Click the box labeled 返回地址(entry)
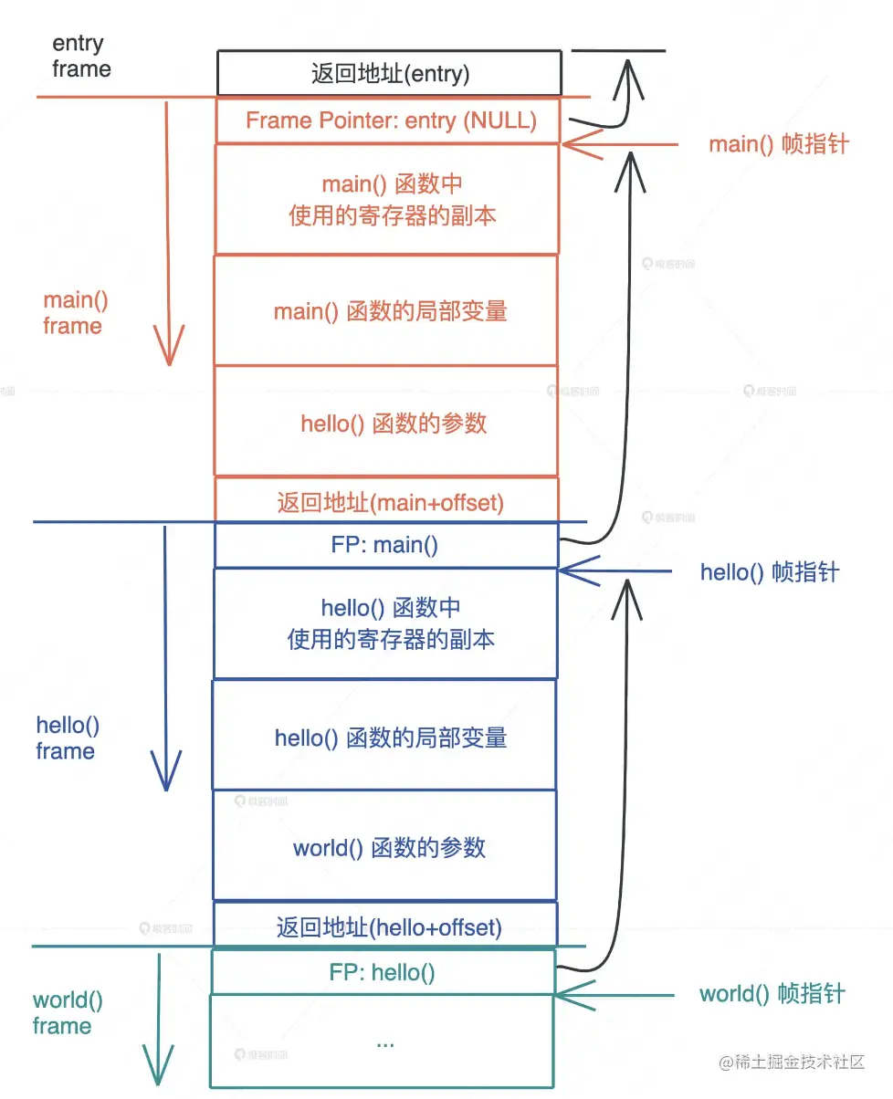point(390,74)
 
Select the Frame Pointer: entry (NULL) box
point(390,120)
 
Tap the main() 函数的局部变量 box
point(390,311)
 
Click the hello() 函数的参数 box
point(390,423)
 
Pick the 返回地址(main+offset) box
point(390,501)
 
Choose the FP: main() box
point(385,546)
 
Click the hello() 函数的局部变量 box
point(390,738)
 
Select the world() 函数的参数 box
point(390,848)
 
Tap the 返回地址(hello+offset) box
point(390,927)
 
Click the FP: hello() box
point(383,972)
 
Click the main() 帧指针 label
point(779,144)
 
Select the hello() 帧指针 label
point(769,572)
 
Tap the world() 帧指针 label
point(772,994)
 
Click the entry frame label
point(80,56)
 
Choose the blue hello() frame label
point(67,738)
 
